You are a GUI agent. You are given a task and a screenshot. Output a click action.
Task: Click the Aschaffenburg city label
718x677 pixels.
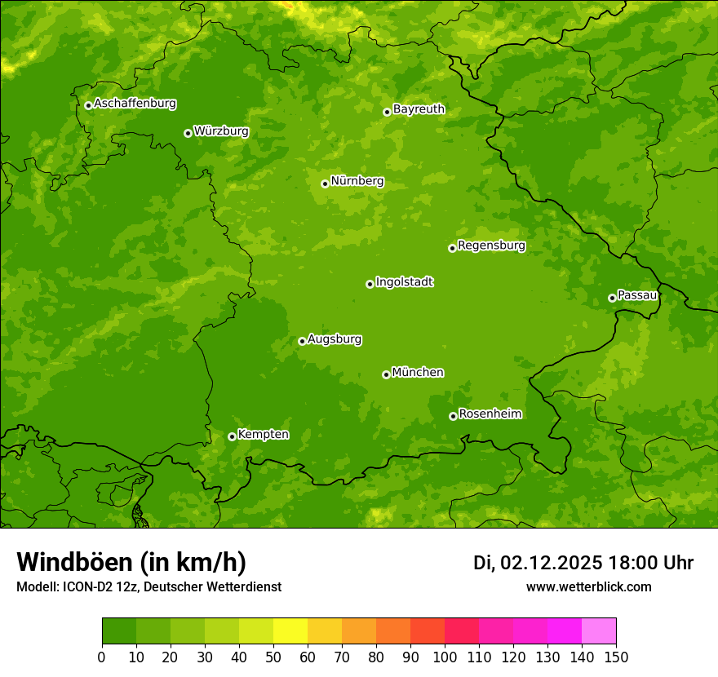tap(135, 104)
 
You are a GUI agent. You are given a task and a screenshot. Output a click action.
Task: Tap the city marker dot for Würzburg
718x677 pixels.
tap(188, 133)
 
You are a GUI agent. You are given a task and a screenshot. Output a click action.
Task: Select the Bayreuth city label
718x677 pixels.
tap(419, 109)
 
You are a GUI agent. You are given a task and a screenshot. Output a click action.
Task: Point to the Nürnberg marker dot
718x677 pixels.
tap(325, 184)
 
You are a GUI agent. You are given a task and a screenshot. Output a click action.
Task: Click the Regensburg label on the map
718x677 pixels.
tap(491, 246)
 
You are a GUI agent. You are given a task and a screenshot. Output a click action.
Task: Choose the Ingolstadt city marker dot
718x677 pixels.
tap(370, 284)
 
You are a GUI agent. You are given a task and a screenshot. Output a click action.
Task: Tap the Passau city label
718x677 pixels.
tap(637, 295)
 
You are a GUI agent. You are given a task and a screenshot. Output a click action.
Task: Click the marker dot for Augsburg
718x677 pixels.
tap(302, 341)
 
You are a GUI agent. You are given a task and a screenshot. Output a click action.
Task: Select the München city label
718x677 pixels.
tap(418, 373)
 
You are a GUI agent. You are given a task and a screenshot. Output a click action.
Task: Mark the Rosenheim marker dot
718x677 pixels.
tap(453, 416)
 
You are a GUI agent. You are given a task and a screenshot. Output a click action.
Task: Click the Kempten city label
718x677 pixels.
tap(263, 435)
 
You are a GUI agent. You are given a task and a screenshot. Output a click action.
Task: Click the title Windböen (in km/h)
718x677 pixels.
tap(131, 562)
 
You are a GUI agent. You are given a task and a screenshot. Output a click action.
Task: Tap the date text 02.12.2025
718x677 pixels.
tap(552, 563)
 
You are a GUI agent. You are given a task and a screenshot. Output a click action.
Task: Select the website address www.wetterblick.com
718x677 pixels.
tap(588, 587)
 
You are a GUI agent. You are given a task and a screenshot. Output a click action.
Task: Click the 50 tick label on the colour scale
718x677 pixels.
tap(273, 657)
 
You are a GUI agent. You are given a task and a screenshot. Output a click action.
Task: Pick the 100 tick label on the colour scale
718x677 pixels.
tap(445, 657)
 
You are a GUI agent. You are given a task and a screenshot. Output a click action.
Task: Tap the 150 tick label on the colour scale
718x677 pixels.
tap(616, 657)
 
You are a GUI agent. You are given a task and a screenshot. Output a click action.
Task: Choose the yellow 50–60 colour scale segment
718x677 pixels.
tap(290, 631)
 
